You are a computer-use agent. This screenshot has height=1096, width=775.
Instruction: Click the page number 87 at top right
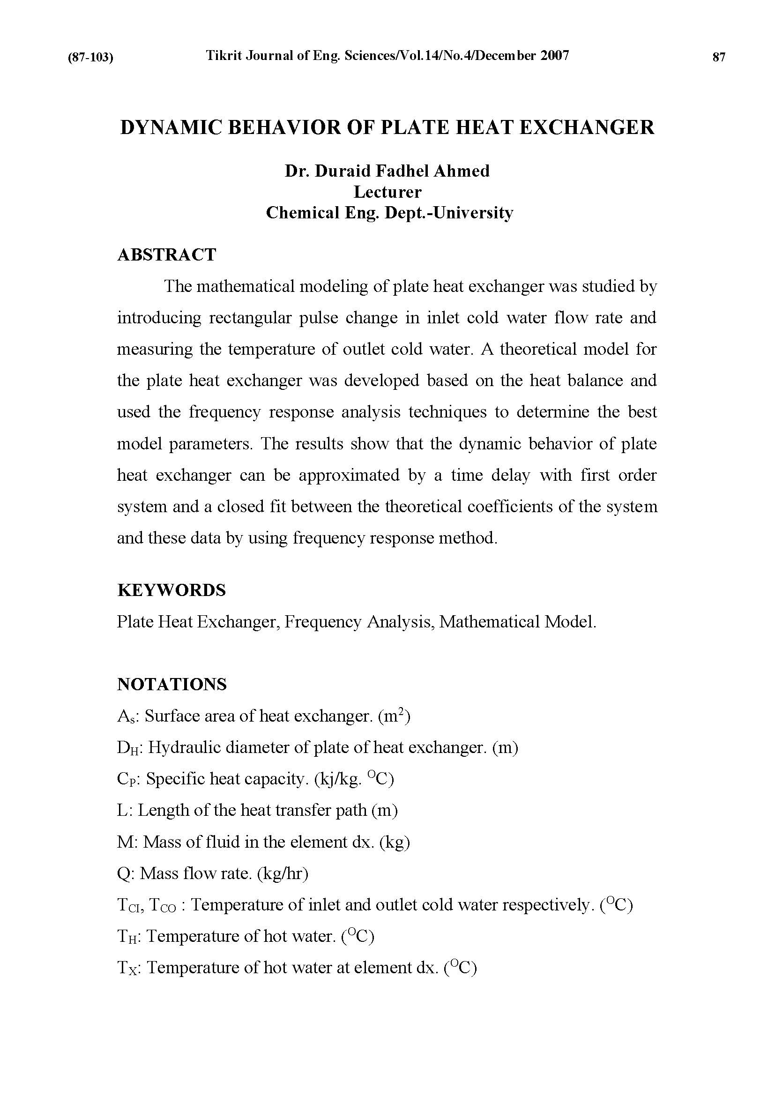[x=719, y=57]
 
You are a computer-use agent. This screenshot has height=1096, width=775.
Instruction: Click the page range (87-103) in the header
[x=91, y=58]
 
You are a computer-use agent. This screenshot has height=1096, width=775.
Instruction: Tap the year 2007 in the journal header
[x=555, y=56]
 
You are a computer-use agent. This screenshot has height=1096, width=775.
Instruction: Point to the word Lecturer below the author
[x=387, y=192]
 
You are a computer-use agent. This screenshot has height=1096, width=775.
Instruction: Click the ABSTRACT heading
[x=166, y=255]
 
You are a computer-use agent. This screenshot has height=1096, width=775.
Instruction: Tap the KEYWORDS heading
[x=171, y=590]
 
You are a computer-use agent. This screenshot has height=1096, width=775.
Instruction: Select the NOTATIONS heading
[x=172, y=685]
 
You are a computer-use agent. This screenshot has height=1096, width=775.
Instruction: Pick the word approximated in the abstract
[x=350, y=476]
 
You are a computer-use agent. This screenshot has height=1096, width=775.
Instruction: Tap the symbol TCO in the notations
[x=162, y=906]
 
